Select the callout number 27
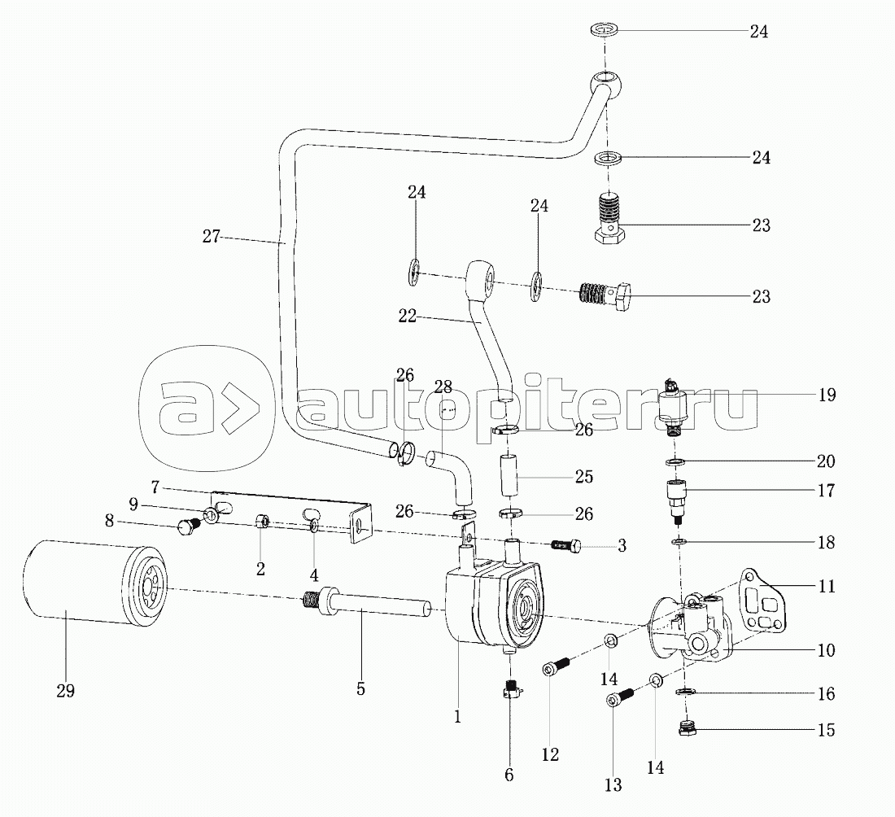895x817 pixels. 212,236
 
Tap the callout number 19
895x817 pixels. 827,394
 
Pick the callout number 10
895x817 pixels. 826,649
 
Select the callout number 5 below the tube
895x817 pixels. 360,688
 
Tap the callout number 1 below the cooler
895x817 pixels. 457,717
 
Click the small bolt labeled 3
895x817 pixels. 566,546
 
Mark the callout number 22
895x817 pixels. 408,316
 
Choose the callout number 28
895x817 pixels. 443,387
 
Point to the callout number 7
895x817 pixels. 155,487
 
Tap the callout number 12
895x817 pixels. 550,754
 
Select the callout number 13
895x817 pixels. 613,785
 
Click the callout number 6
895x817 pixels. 509,774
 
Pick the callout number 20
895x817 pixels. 826,461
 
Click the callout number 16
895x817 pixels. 826,693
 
